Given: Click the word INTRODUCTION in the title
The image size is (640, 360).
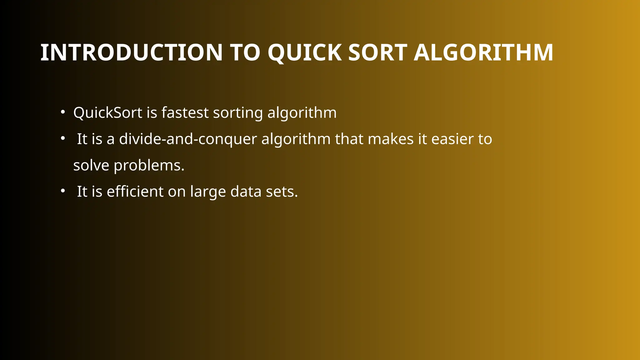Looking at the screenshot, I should click(x=131, y=52).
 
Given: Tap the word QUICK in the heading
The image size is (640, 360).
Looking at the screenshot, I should click(x=305, y=52).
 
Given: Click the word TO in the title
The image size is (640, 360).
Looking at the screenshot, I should click(x=245, y=52).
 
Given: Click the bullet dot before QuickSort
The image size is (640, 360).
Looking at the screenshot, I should click(x=63, y=112).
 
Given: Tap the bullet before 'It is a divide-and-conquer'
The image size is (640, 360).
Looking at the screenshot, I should click(x=63, y=138).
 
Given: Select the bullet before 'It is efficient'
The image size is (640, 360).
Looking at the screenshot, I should click(x=63, y=191).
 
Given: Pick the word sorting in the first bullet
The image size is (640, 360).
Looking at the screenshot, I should click(x=238, y=113).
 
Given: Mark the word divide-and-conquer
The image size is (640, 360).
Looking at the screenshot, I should click(x=188, y=139).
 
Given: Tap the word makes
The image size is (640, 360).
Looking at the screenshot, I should click(x=391, y=139).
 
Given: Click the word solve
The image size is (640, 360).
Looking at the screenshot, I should click(x=91, y=165).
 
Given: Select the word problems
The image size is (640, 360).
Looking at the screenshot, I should click(x=149, y=166).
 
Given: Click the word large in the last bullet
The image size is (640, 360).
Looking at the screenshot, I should click(x=208, y=192).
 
